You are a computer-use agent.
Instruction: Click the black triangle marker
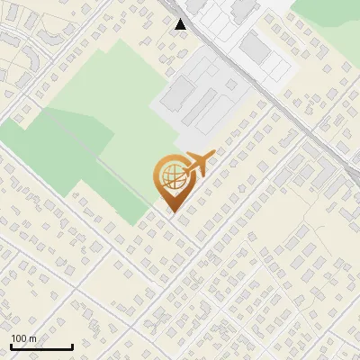coord(181,24)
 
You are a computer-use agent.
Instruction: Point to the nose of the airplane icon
coord(212,155)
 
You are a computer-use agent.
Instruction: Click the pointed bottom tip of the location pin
coord(171,211)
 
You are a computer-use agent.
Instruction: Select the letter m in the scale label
coord(33,338)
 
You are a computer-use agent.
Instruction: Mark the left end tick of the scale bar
coord(11,346)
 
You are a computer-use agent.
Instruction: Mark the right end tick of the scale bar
coord(72,346)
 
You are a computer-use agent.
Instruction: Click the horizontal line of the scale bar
coord(41,347)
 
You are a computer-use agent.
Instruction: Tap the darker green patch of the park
coord(54,144)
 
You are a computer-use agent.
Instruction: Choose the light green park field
coord(108,81)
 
